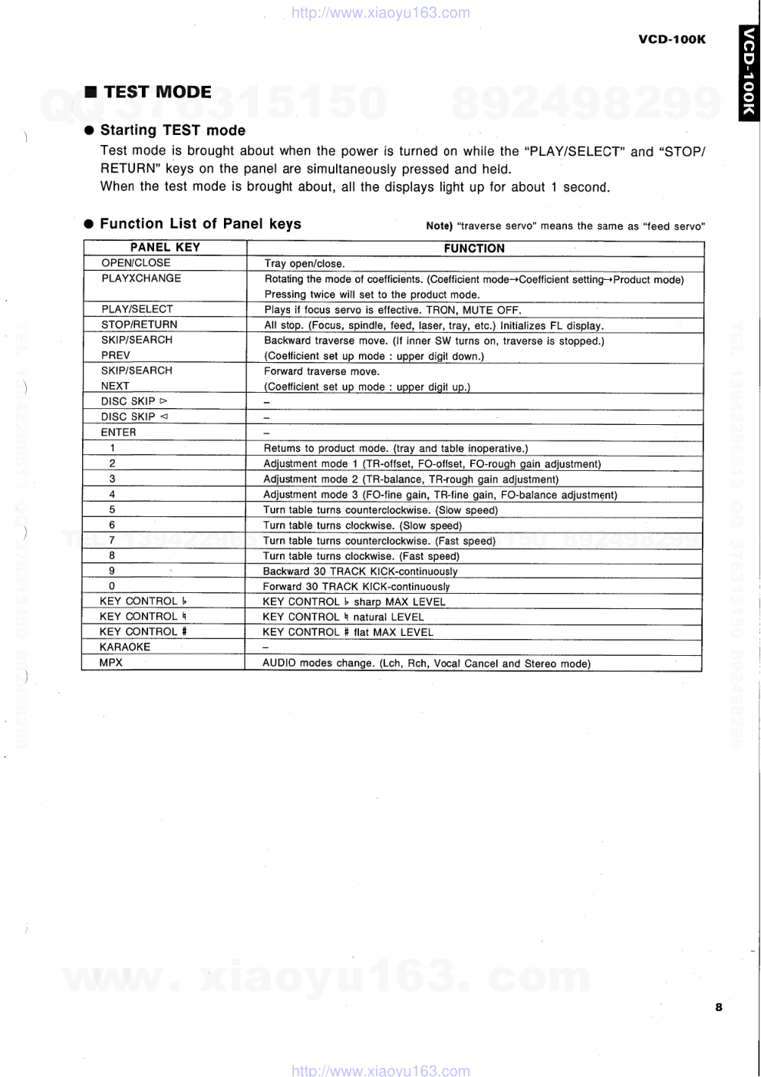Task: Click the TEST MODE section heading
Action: tap(157, 92)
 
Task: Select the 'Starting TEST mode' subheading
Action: tap(173, 130)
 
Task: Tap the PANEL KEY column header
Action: tap(165, 247)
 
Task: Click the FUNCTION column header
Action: tap(474, 248)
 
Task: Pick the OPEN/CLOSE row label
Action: tap(136, 263)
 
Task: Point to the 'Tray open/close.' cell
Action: tap(305, 264)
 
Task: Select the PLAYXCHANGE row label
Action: tap(141, 278)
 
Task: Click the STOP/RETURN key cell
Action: tap(139, 324)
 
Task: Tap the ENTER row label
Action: tap(118, 433)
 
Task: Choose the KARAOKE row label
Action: tap(125, 647)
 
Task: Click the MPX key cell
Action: tap(111, 663)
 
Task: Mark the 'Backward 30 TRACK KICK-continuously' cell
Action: tap(360, 571)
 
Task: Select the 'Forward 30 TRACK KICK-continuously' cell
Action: tap(356, 587)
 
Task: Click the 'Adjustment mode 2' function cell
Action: tap(410, 479)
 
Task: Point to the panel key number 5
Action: tap(112, 509)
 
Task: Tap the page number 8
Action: tap(718, 1007)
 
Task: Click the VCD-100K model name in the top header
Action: tap(671, 39)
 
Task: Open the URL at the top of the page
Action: tap(380, 13)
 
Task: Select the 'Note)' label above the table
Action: tap(439, 226)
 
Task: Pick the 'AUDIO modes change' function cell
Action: tap(426, 664)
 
